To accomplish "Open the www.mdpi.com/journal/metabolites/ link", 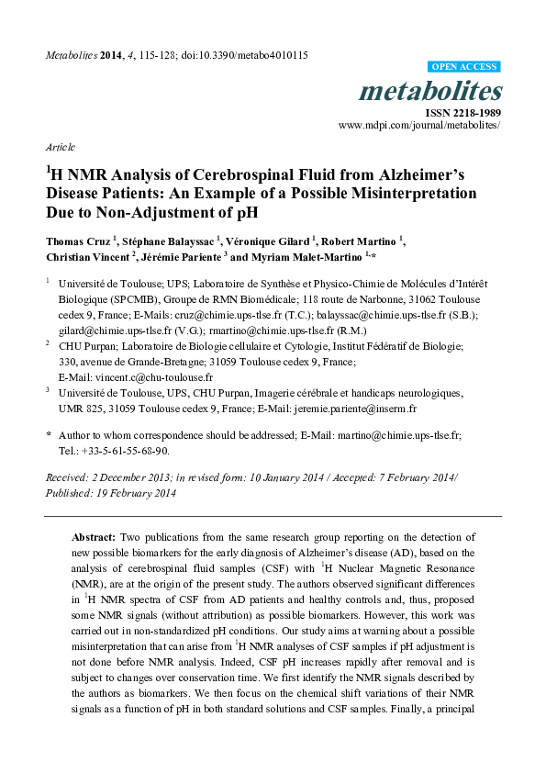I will tap(419, 124).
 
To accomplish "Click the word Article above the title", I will tap(60, 147).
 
